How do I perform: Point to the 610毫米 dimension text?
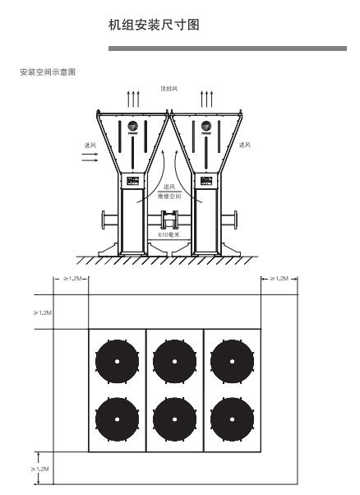169,234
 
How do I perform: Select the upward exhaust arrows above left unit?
134,99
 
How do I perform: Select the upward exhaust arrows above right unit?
206,99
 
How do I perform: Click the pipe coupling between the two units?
170,220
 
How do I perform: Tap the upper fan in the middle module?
174,362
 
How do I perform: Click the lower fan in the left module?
117,419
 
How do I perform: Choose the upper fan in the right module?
231,362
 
